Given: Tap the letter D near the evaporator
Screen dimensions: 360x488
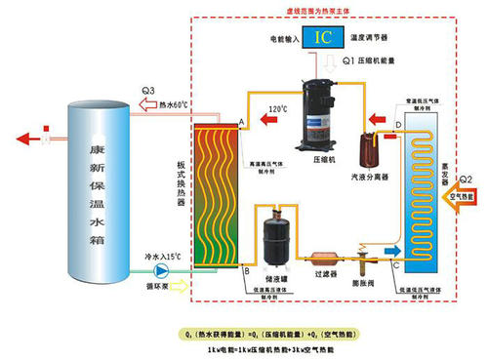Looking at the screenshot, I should point(397,127).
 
